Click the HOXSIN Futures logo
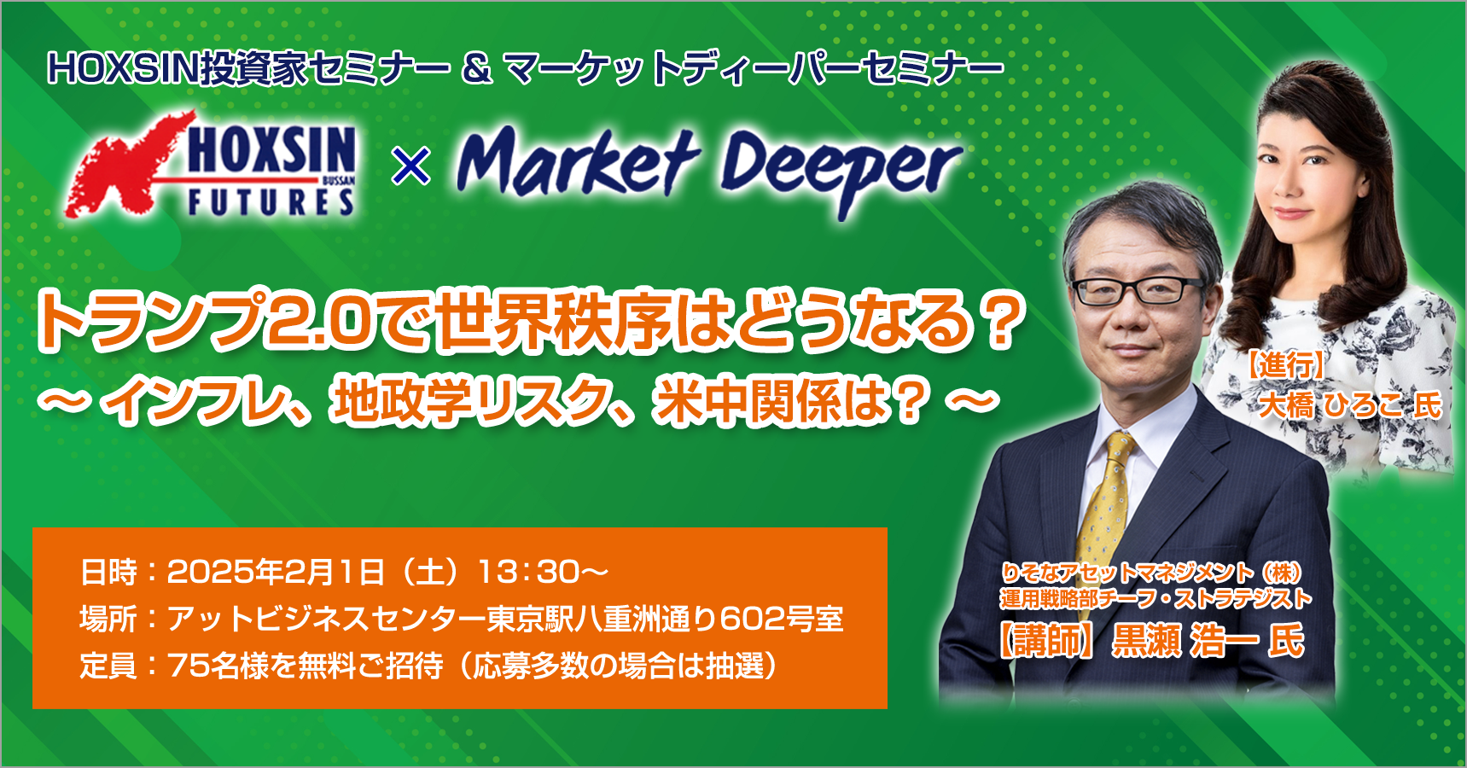point(210,165)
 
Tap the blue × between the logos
point(410,166)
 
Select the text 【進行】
point(1282,365)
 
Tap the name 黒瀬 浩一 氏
point(1208,640)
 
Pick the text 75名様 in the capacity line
point(218,666)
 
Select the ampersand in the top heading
point(477,69)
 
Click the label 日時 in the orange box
point(108,572)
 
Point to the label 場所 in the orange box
point(108,619)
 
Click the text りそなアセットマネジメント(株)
point(1152,573)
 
